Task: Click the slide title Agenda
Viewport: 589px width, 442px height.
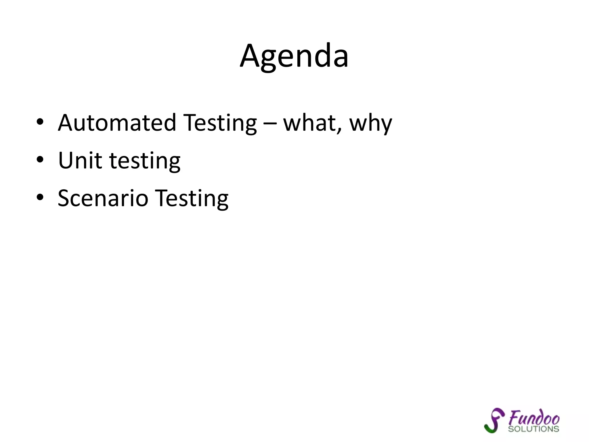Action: pyautogui.click(x=294, y=56)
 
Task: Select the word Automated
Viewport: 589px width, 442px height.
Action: pyautogui.click(x=117, y=123)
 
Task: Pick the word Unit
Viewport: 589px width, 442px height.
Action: pyautogui.click(x=80, y=160)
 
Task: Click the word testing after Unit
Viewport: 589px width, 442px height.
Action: pyautogui.click(x=145, y=161)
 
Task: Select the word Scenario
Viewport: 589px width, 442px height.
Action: pyautogui.click(x=103, y=198)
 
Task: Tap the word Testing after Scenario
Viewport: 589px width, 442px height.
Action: pyautogui.click(x=192, y=199)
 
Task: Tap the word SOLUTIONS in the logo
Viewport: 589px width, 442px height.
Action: pyautogui.click(x=533, y=429)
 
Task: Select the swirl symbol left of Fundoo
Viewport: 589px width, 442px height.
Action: pyautogui.click(x=494, y=420)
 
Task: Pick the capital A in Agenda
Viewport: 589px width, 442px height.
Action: pyautogui.click(x=251, y=56)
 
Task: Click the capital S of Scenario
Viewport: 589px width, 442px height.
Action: pyautogui.click(x=64, y=198)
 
